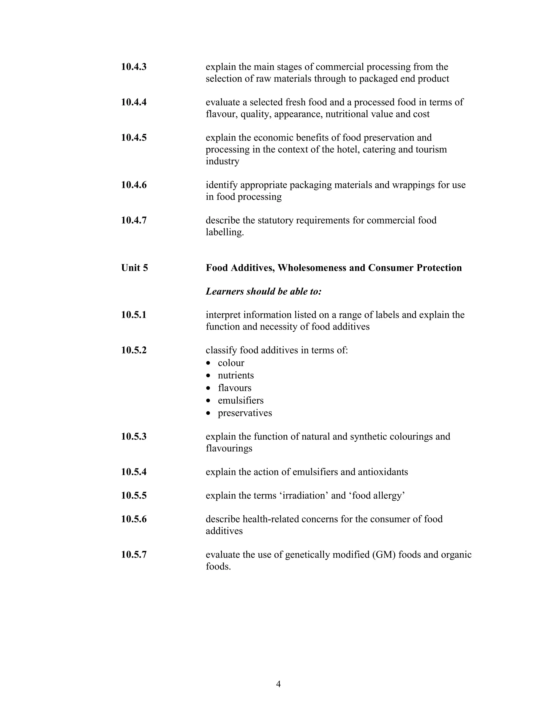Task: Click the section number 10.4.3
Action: click(x=134, y=67)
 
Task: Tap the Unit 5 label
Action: click(x=134, y=268)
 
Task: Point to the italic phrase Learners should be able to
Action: click(x=263, y=291)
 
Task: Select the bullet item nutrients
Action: click(x=236, y=376)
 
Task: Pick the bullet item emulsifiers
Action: click(x=240, y=401)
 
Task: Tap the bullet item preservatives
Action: click(x=245, y=413)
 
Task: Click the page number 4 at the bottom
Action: click(x=278, y=684)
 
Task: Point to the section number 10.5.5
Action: click(x=134, y=496)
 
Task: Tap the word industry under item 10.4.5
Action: click(x=222, y=161)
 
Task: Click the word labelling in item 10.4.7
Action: click(x=224, y=232)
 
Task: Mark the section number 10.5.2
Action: click(x=134, y=350)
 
